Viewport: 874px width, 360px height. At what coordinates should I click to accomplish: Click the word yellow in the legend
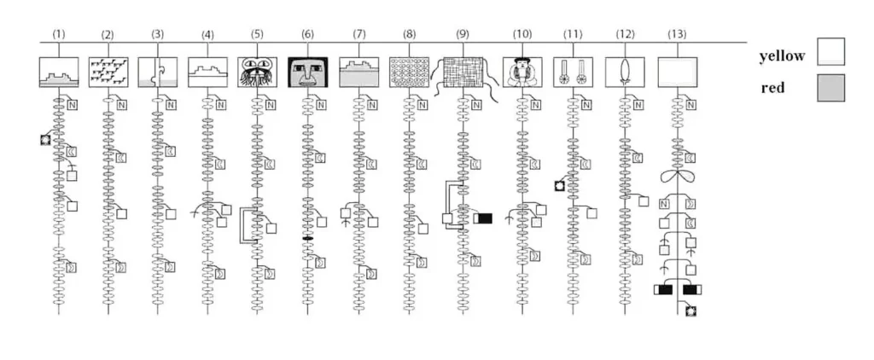(782, 56)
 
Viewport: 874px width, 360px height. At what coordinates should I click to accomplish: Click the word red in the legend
(774, 88)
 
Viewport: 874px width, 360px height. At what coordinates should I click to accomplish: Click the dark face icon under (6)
(307, 72)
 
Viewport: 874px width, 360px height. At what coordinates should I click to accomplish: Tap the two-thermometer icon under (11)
(573, 72)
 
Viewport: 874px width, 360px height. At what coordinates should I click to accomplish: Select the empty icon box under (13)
(678, 72)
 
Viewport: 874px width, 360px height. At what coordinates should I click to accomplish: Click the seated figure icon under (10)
(521, 72)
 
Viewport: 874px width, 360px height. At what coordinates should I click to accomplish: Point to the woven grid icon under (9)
(463, 72)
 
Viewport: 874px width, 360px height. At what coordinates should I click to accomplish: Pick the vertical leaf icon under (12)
(625, 72)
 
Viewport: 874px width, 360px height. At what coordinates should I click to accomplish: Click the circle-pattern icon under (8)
(409, 72)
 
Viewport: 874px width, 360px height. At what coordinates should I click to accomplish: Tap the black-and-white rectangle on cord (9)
(483, 218)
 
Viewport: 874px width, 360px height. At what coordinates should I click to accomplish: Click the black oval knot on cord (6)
(307, 239)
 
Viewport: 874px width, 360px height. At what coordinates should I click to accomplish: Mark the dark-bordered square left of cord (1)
(45, 139)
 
